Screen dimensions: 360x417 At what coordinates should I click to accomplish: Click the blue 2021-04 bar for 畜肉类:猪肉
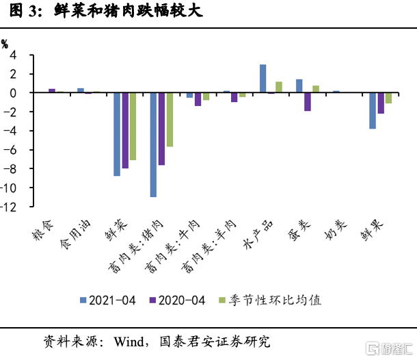coord(154,144)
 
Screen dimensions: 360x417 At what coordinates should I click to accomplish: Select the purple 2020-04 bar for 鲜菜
coord(125,130)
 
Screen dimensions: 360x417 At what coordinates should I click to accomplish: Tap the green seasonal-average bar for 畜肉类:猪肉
coord(170,119)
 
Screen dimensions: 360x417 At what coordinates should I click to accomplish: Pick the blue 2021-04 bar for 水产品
coord(263,78)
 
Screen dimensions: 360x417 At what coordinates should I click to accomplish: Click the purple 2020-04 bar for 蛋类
coord(308,101)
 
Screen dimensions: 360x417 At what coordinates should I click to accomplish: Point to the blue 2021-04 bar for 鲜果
coord(373,110)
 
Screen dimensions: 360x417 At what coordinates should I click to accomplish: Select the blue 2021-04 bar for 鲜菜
coord(118,134)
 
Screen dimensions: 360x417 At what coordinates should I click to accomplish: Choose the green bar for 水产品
coord(279,87)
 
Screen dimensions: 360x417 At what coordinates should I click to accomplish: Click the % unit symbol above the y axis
coord(5,42)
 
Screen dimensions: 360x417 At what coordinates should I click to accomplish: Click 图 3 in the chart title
coord(21,12)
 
